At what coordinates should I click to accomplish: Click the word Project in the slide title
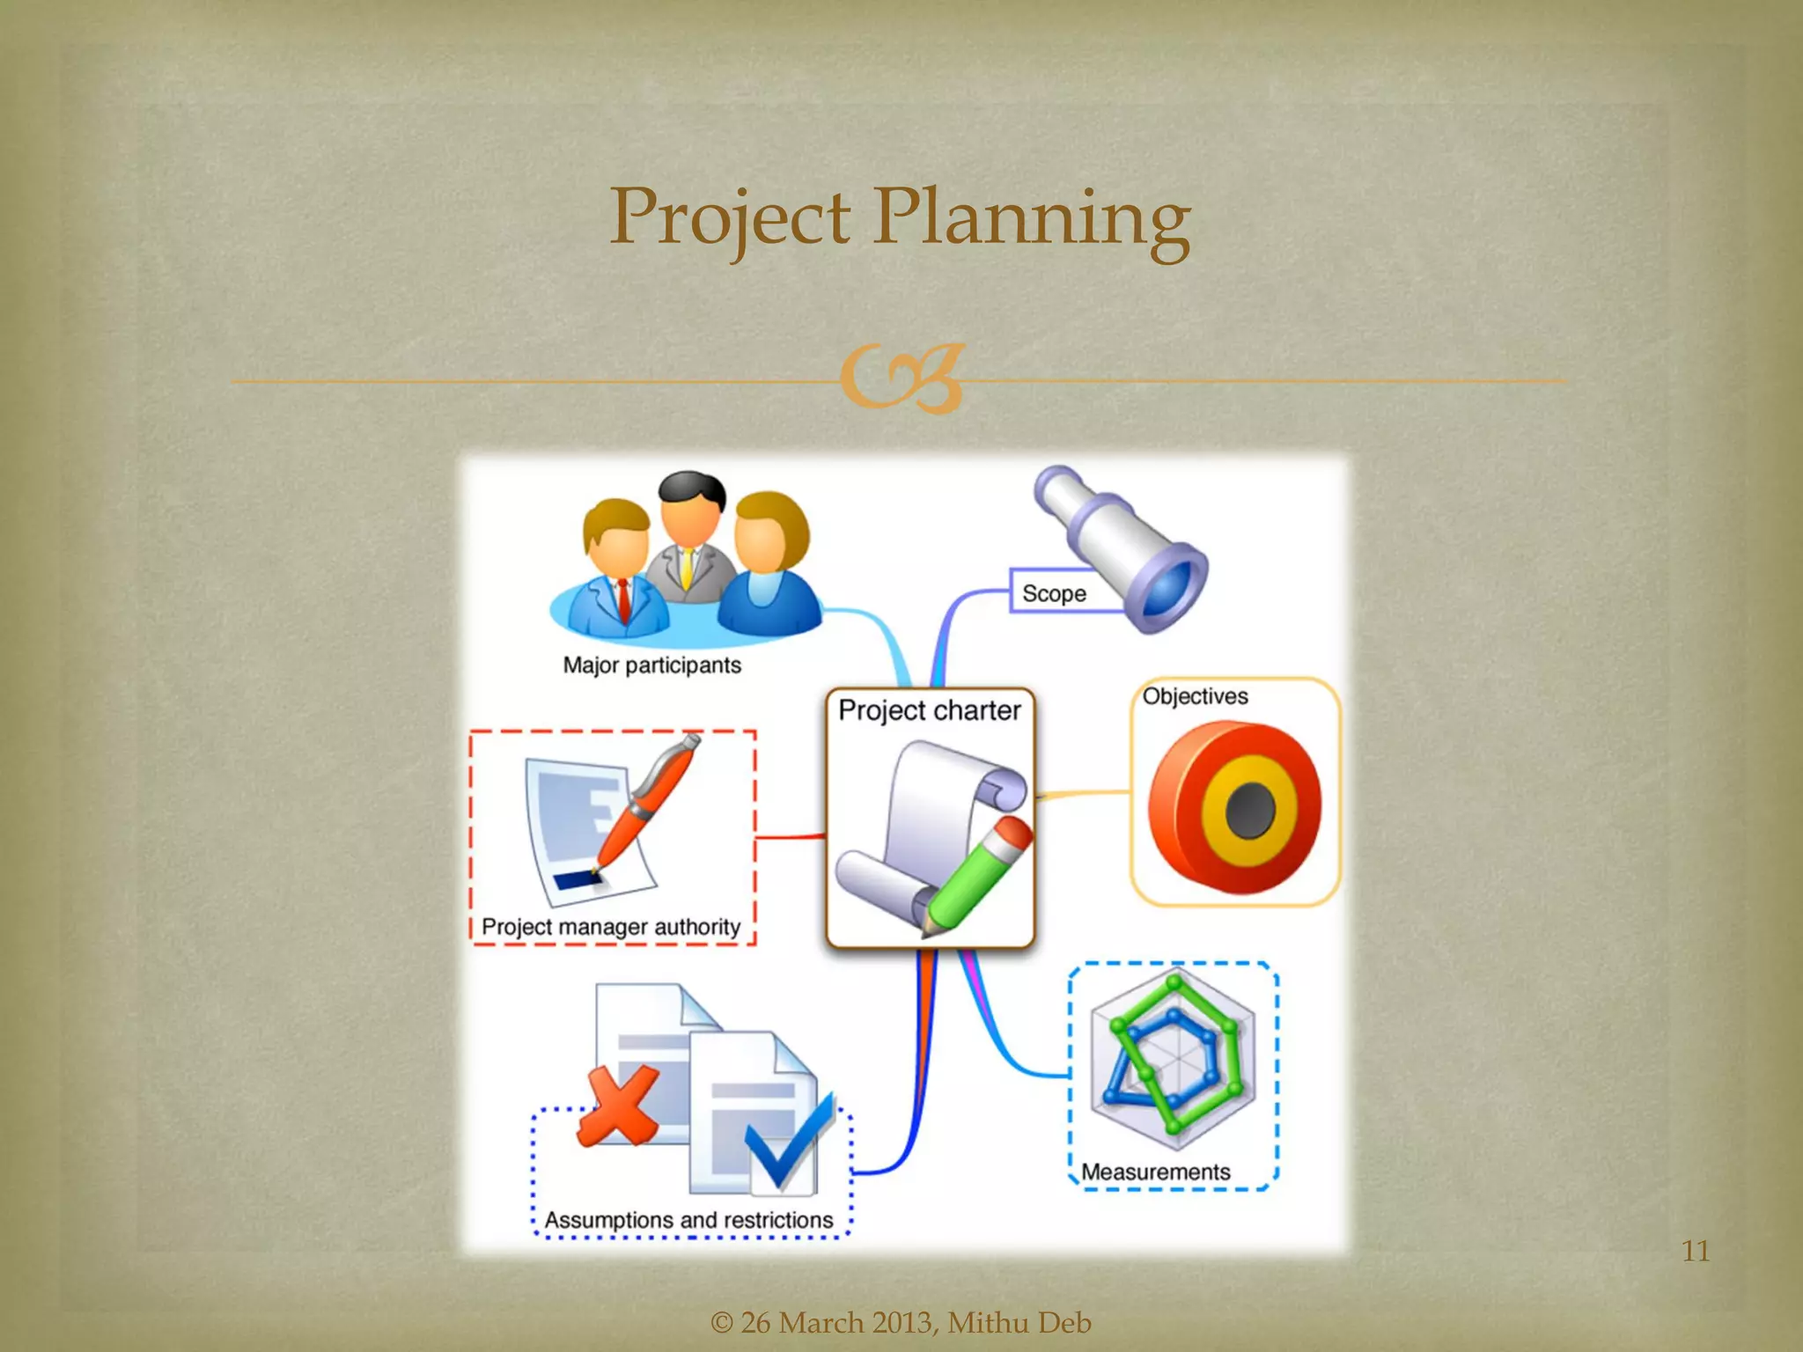(x=730, y=217)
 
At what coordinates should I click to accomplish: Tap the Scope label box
(x=1054, y=593)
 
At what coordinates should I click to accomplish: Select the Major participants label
(x=651, y=665)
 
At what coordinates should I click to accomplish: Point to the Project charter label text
(x=929, y=710)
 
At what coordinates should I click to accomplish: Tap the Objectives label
(x=1195, y=696)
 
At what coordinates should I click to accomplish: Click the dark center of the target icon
(x=1250, y=810)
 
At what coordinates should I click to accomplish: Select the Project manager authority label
(x=611, y=927)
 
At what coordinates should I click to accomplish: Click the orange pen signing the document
(x=647, y=801)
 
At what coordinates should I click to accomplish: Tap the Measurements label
(x=1155, y=1172)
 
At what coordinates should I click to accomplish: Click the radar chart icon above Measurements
(x=1173, y=1056)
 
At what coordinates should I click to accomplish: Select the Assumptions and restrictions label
(x=688, y=1220)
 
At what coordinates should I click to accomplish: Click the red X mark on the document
(x=619, y=1105)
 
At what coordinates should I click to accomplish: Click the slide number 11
(x=1695, y=1251)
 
